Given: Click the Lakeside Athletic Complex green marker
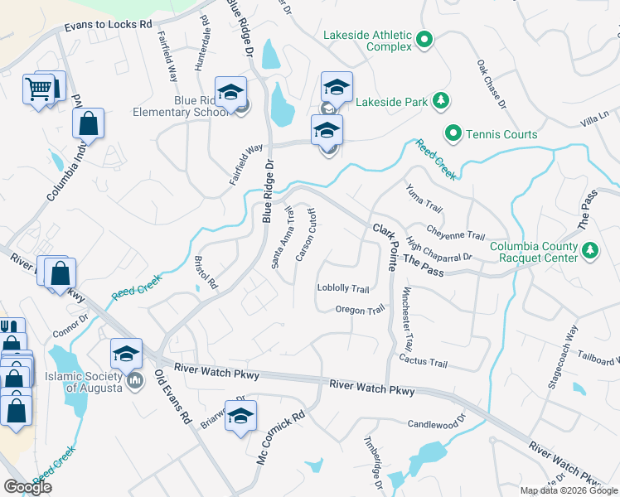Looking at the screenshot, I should [x=424, y=39].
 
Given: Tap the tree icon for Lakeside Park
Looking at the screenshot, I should [x=442, y=102].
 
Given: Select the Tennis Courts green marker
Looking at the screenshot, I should [x=453, y=133].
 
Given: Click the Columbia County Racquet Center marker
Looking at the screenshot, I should [x=589, y=249].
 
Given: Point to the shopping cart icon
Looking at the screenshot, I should [x=38, y=87].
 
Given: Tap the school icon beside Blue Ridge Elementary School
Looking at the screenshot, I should [x=231, y=93].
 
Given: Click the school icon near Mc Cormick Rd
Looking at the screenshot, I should [x=241, y=417].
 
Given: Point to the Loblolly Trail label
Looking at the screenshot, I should [x=342, y=288].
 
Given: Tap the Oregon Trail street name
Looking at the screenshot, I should [x=360, y=309].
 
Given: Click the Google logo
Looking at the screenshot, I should [x=28, y=487].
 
